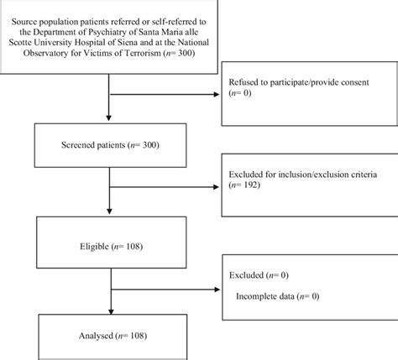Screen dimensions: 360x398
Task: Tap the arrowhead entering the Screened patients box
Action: [107, 122]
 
